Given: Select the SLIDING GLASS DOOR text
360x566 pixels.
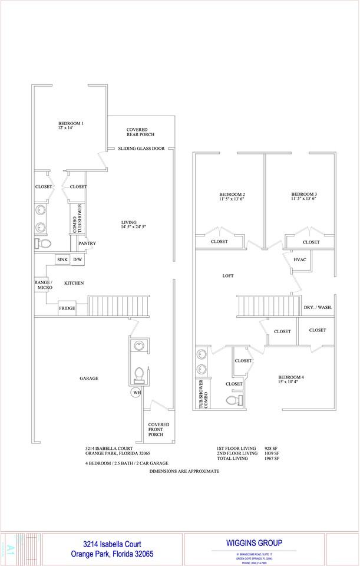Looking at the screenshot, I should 141,149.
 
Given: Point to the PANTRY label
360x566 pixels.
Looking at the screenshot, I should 87,243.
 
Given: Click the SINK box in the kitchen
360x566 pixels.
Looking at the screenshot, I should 62,259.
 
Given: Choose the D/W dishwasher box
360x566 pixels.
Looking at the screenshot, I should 78,259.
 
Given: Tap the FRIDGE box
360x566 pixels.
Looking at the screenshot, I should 67,308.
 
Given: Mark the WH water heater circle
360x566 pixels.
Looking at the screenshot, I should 137,393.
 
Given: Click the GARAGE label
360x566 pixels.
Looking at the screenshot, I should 89,379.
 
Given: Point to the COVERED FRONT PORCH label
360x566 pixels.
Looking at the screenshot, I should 158,429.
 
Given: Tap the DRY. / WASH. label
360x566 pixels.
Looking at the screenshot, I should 317,308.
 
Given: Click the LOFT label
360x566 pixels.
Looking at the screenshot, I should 229,275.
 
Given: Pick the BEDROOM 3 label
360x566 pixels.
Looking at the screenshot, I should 304,195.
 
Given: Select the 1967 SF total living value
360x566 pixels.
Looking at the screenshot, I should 272,458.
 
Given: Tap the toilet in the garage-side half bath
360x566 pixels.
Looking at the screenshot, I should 140,374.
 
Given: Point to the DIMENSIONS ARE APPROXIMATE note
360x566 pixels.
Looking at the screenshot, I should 184,471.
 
